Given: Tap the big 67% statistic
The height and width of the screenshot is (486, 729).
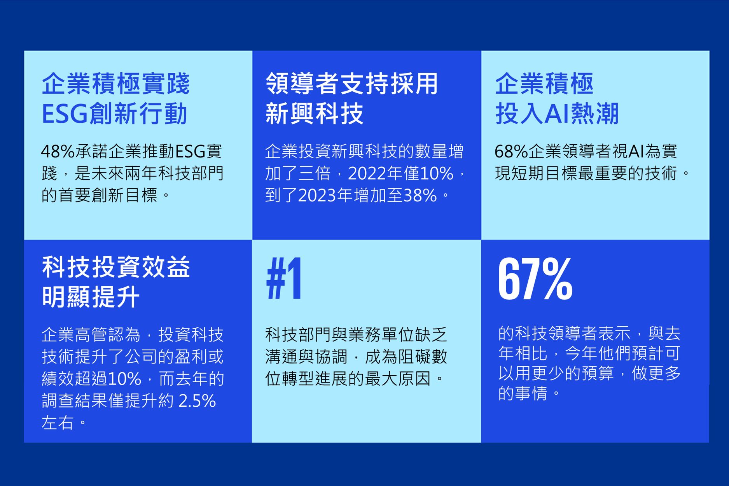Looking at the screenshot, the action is (535, 279).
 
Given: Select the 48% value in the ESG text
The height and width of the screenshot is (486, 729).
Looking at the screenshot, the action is (58, 152).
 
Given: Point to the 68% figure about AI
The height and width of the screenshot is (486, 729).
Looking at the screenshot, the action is (511, 152).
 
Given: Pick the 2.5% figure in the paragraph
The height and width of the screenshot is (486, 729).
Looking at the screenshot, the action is (197, 401).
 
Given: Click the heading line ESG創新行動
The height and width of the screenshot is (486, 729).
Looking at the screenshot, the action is (115, 114).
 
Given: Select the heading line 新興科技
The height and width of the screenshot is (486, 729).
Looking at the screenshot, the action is (314, 114).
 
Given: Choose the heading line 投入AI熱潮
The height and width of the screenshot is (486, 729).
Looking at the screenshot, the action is (557, 114).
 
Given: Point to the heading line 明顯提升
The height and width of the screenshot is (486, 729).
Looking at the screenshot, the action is (91, 297).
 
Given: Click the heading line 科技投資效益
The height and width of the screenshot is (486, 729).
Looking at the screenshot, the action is (116, 267).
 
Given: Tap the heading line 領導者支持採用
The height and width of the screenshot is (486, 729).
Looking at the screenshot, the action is (352, 84).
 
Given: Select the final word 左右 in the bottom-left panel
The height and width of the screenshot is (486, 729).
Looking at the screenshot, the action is (58, 423).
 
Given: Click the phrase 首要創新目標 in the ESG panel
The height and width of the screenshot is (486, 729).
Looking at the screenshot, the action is (108, 196).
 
